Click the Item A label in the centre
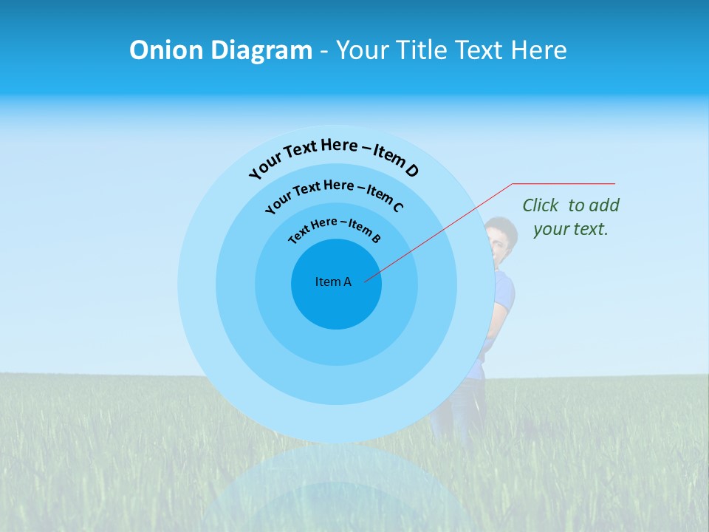333,282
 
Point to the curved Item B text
334,228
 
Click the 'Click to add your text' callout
570,216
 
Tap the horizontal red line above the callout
564,183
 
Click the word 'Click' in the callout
541,205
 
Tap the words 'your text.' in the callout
570,229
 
